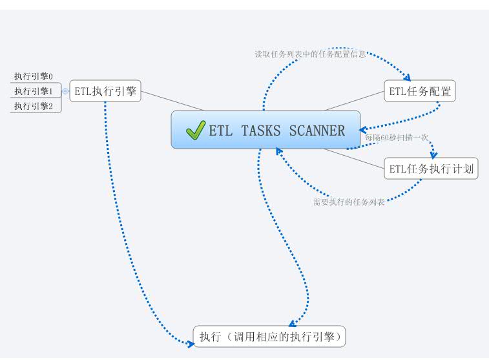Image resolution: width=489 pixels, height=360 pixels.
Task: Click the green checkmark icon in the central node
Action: click(x=195, y=130)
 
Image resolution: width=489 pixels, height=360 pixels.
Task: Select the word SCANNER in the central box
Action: click(x=317, y=131)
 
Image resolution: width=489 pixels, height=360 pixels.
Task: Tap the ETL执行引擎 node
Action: click(x=105, y=91)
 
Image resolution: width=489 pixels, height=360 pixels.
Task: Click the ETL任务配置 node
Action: click(x=420, y=91)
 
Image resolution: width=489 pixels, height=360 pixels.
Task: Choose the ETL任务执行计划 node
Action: click(x=431, y=169)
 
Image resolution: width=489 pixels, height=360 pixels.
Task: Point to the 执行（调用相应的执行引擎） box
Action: click(x=269, y=337)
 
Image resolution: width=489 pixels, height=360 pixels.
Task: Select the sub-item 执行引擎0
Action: click(x=34, y=76)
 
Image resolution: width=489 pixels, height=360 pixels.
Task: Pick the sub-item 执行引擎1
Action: click(x=34, y=91)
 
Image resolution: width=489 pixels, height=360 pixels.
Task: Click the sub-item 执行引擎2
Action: click(x=34, y=105)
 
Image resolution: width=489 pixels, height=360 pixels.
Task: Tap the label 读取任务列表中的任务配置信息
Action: click(x=311, y=54)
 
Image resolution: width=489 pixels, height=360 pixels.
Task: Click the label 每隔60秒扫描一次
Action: click(x=397, y=137)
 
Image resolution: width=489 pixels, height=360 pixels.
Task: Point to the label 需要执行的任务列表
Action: click(x=349, y=202)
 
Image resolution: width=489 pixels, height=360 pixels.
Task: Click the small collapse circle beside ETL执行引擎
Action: click(x=65, y=91)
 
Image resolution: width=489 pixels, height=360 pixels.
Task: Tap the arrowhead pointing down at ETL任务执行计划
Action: click(x=433, y=155)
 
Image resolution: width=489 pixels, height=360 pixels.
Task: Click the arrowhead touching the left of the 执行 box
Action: click(x=190, y=344)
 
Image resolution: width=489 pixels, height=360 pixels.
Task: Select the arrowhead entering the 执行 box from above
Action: click(x=292, y=323)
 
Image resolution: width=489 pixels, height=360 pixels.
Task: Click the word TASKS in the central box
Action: click(x=261, y=131)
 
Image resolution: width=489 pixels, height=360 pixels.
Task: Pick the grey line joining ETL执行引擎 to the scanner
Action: click(x=172, y=100)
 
